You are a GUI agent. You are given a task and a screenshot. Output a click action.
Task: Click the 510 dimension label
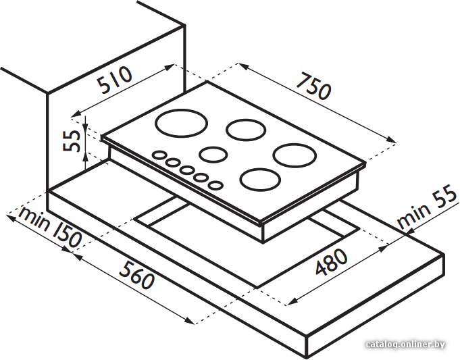(115, 80)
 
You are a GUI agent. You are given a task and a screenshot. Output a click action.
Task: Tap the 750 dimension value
(313, 86)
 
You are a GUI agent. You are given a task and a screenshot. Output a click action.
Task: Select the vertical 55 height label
(72, 141)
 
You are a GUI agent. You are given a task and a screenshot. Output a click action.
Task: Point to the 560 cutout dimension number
(136, 275)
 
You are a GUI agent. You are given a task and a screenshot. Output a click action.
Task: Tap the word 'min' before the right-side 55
(413, 215)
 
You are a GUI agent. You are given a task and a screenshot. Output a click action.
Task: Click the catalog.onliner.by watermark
(406, 344)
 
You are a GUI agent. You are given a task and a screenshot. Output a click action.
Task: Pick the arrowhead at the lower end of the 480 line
(291, 302)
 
